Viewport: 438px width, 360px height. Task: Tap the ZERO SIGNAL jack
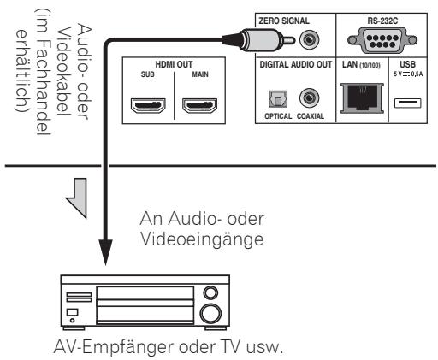point(304,38)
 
